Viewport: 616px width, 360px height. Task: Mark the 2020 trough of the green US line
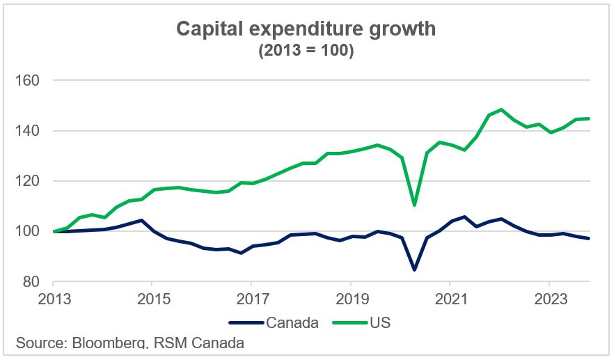pyautogui.click(x=414, y=205)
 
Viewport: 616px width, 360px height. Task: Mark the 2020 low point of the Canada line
pyautogui.click(x=414, y=269)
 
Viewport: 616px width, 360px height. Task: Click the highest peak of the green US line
pyautogui.click(x=500, y=109)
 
